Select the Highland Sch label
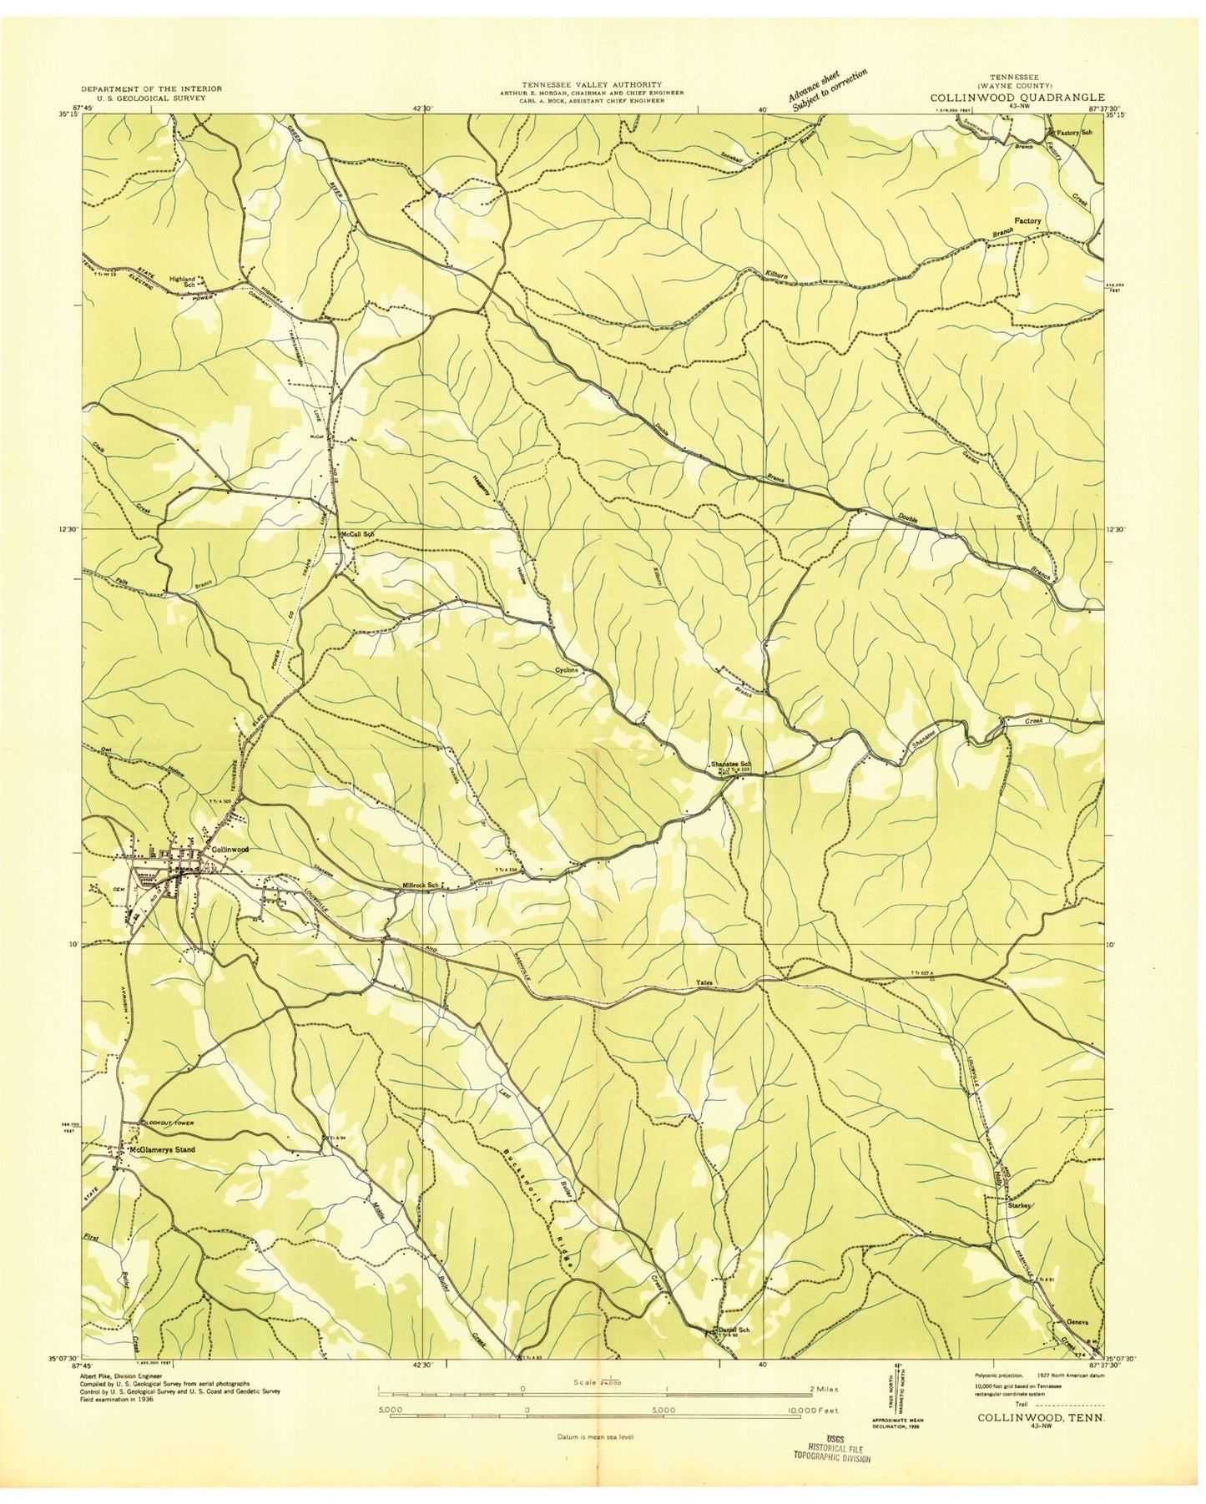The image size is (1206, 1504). (182, 281)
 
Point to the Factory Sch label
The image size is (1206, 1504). (1076, 133)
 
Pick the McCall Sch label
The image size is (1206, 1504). (356, 533)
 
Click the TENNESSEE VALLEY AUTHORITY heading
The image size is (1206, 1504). (592, 84)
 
